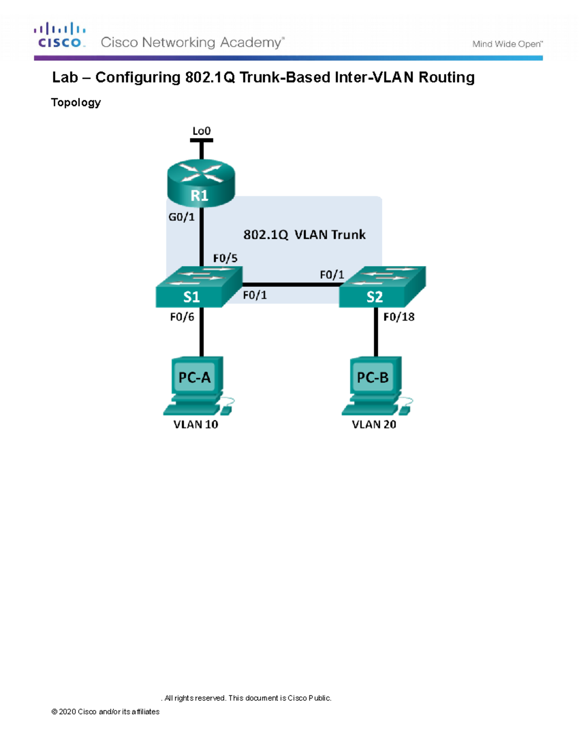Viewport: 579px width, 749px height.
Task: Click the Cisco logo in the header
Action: coord(60,35)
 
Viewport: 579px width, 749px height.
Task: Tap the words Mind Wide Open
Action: coord(507,44)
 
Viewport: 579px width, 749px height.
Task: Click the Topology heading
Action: coord(76,102)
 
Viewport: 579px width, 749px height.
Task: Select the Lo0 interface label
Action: coord(201,131)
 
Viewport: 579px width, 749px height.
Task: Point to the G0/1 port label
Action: coord(181,217)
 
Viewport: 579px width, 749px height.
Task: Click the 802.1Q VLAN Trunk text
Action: coord(304,235)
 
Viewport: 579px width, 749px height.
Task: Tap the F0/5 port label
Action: coord(225,258)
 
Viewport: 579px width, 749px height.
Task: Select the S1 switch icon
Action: coord(198,287)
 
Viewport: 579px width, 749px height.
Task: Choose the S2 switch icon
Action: coord(382,287)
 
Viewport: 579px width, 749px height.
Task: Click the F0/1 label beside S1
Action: coord(255,295)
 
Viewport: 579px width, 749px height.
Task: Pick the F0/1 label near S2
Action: coord(332,275)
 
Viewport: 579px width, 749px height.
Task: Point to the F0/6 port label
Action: coord(182,317)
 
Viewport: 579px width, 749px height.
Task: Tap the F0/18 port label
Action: coord(399,317)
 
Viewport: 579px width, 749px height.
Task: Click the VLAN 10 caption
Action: coord(195,424)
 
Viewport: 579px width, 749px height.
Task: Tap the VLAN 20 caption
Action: coord(374,424)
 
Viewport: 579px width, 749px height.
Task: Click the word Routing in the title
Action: coord(446,77)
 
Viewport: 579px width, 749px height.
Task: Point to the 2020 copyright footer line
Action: coord(105,711)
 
